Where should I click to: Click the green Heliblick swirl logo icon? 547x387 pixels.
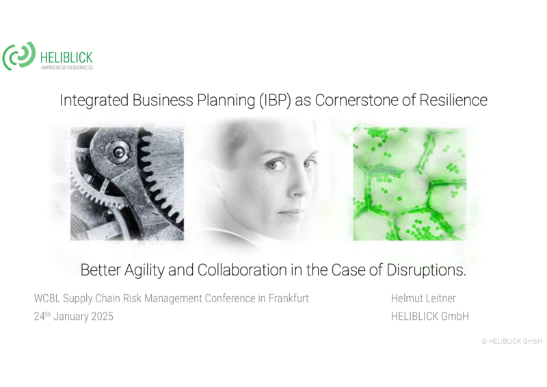coord(19,56)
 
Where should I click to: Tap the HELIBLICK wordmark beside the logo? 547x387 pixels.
coord(66,57)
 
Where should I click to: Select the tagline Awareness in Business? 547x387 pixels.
coord(67,68)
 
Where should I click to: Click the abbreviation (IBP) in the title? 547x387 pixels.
coord(275,101)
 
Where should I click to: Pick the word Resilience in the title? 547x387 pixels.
coord(453,100)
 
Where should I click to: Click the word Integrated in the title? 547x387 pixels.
coord(94,101)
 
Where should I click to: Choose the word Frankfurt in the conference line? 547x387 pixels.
coord(289,298)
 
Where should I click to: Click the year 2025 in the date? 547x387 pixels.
coord(102,316)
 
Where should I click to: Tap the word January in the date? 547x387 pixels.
coord(71,316)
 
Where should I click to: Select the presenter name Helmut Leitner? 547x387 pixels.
coord(423,298)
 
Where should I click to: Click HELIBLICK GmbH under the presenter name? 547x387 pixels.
coord(430,316)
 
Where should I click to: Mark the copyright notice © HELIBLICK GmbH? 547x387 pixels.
coord(512,341)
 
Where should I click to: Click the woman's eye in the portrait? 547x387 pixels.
coord(274,164)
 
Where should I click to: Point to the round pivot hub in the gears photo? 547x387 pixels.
coord(118,152)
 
